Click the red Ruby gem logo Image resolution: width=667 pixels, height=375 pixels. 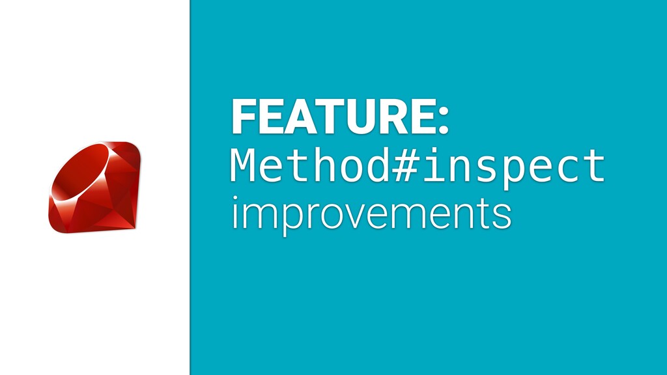point(94,187)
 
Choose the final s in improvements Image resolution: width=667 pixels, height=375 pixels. point(502,216)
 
